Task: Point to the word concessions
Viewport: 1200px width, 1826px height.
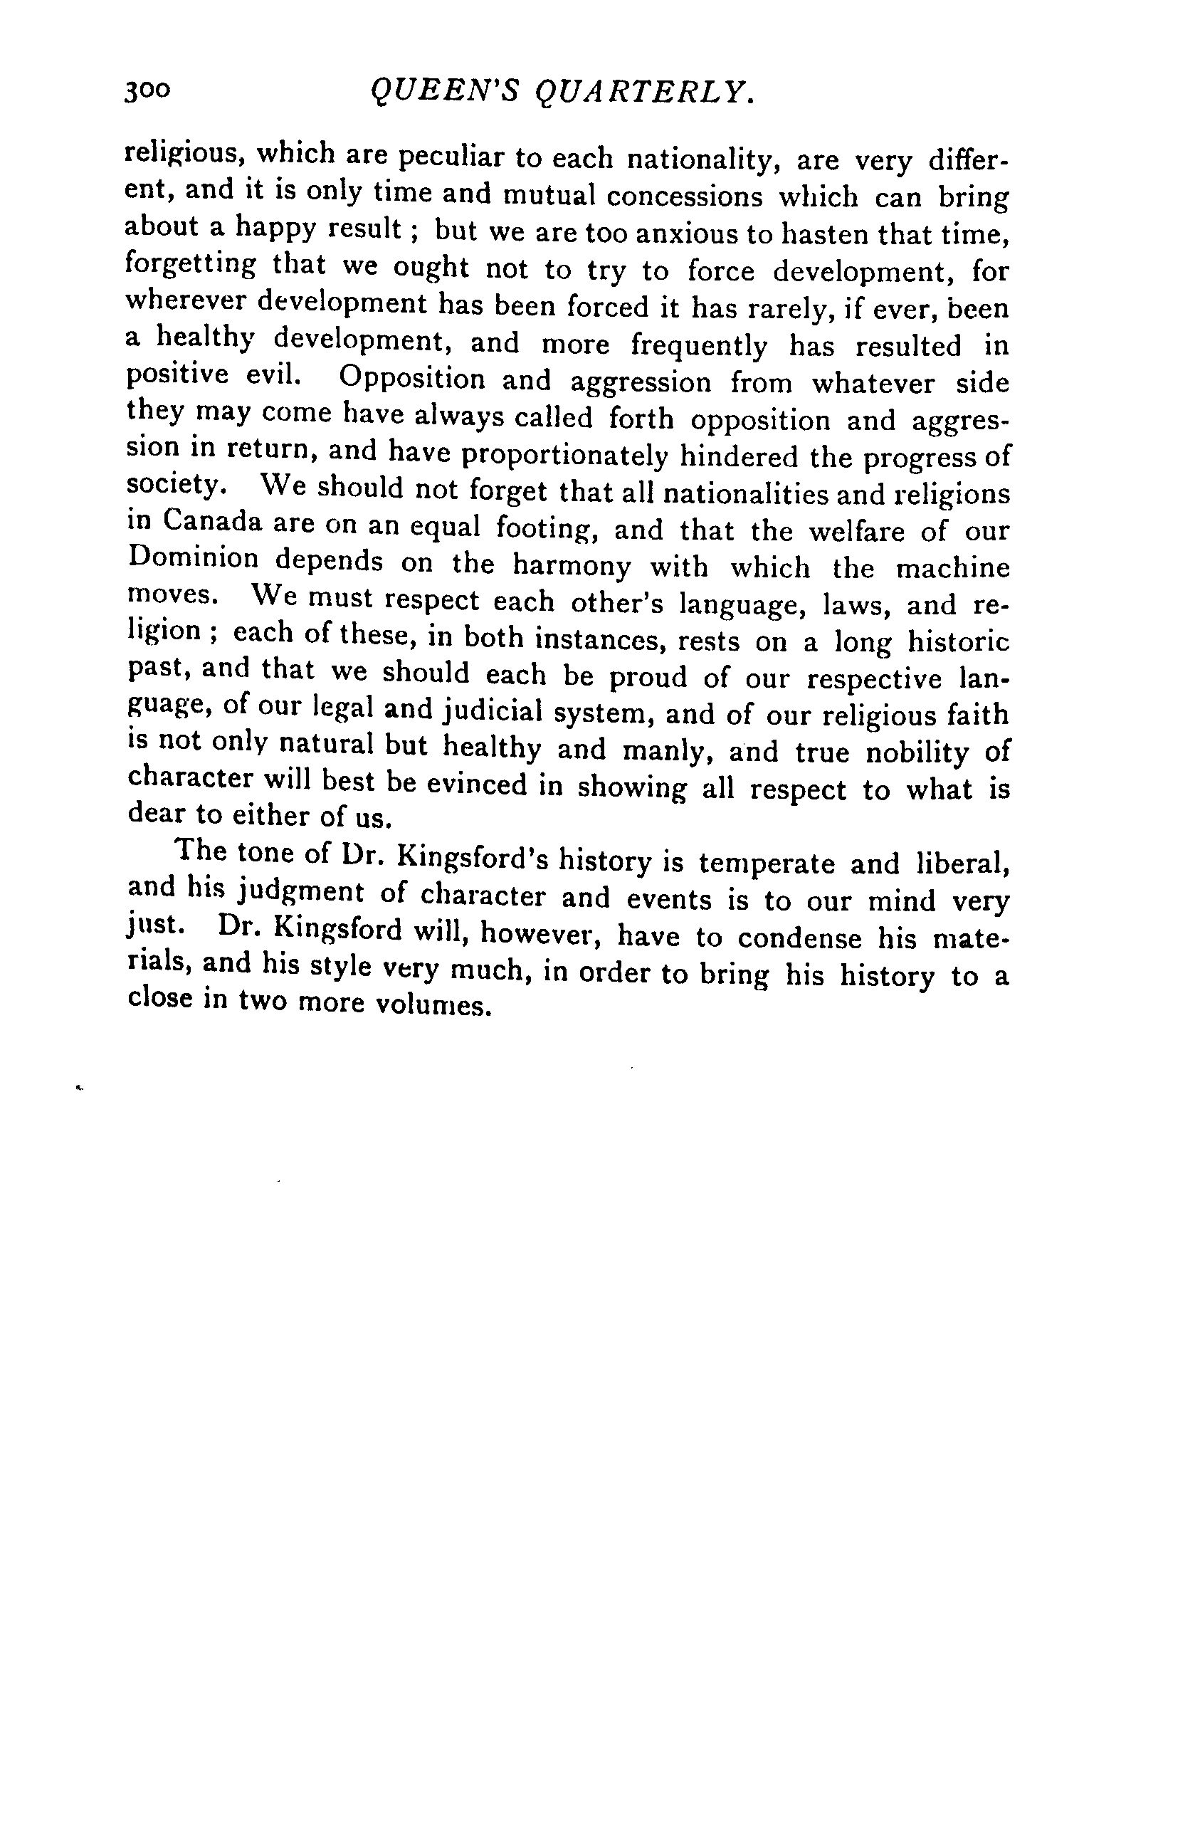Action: point(685,196)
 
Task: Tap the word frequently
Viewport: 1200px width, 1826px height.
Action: point(698,346)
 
